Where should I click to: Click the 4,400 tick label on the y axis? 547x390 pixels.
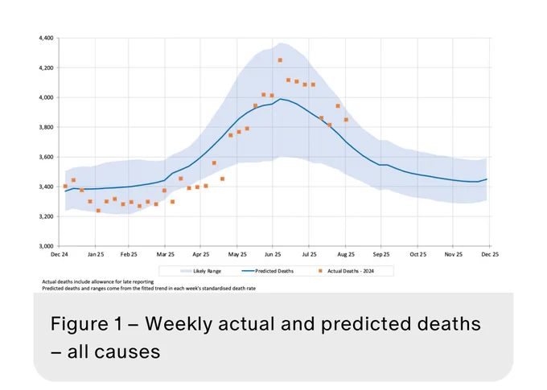coord(46,38)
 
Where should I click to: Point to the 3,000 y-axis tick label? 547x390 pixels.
coord(46,246)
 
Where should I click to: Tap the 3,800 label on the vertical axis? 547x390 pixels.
coord(46,127)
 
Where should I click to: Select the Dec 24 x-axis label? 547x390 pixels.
coord(60,255)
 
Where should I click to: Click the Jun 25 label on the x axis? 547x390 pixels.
coord(273,255)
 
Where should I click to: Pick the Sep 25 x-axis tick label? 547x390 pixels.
coord(381,255)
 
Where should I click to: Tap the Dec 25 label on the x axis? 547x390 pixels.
coord(490,255)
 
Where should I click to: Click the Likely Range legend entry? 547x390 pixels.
coord(200,271)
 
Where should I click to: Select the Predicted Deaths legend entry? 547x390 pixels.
coord(268,271)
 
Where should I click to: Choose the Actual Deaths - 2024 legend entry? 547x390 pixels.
coord(346,271)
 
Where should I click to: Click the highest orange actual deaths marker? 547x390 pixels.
coord(280,60)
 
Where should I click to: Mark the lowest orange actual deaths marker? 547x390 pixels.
coord(98,211)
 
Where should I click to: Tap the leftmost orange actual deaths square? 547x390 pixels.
coord(65,187)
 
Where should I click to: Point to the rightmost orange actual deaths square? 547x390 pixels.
coord(346,120)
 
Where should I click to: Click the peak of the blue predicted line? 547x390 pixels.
coord(280,99)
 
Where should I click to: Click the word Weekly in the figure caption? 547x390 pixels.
coord(178,324)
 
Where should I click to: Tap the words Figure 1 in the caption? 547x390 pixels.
coord(86,323)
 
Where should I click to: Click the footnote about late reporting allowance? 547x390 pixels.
coord(97,282)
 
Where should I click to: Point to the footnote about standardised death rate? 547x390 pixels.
coord(149,289)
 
